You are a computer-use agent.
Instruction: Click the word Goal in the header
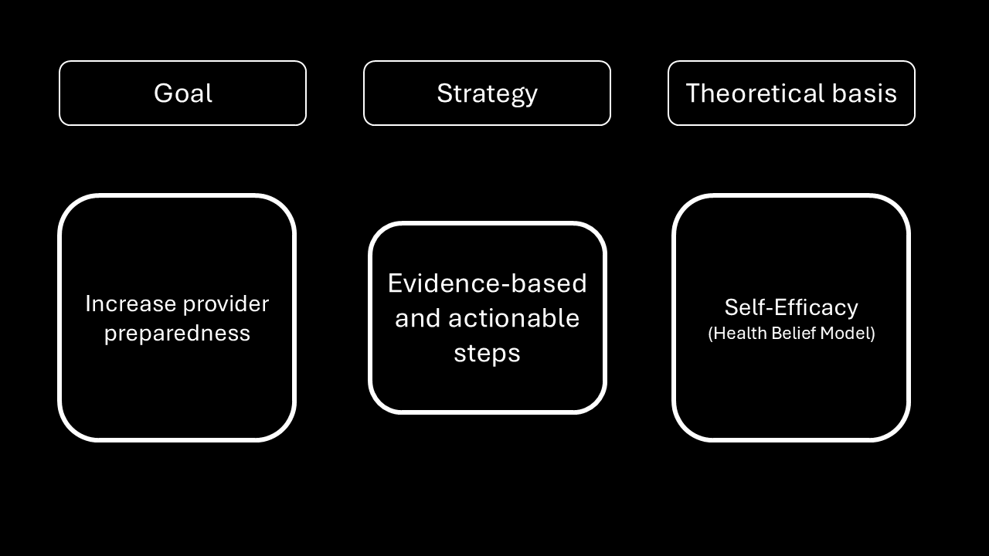(x=183, y=93)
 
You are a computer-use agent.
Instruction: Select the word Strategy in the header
(x=487, y=94)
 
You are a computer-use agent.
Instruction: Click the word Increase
(x=131, y=303)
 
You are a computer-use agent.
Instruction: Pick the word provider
(x=226, y=305)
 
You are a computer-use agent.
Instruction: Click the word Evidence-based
(x=487, y=283)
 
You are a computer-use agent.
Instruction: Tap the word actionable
(x=514, y=317)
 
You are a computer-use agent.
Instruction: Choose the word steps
(x=487, y=354)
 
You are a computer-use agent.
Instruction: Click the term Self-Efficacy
(x=791, y=307)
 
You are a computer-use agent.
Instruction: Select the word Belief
(x=794, y=333)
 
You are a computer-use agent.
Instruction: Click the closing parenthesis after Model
(x=872, y=334)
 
